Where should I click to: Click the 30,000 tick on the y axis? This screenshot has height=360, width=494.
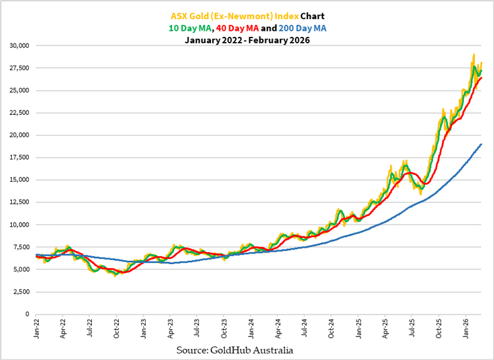point(18,46)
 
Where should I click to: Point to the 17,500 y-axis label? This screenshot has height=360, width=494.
point(18,158)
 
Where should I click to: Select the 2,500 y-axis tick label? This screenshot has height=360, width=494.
point(20,292)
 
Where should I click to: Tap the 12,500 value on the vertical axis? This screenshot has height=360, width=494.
point(18,202)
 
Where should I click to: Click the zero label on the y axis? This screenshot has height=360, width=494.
point(27,314)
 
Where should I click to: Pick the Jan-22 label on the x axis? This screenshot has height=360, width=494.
point(37,329)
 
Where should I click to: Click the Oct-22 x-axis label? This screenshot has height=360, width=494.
point(117,329)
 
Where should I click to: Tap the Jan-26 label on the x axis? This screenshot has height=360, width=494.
point(466,329)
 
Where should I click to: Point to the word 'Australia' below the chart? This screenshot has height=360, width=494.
point(273,350)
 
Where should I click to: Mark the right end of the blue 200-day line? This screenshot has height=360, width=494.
point(482,144)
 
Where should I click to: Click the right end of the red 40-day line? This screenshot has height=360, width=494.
point(482,78)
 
